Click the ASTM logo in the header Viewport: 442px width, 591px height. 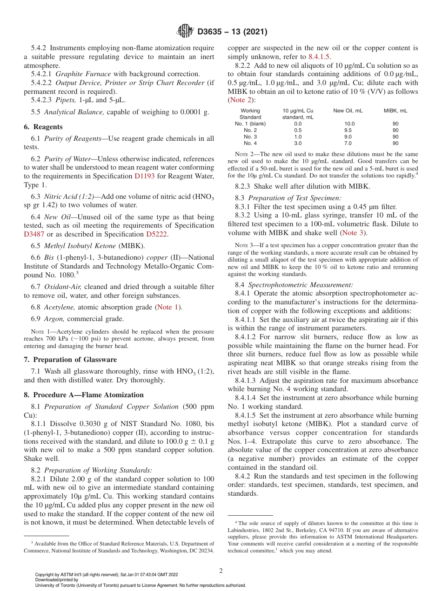(186, 32)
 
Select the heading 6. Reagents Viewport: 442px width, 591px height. (43, 127)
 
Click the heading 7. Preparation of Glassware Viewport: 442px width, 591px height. (70, 360)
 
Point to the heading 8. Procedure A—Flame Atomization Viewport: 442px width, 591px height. (84, 395)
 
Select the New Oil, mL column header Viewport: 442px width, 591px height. (348, 111)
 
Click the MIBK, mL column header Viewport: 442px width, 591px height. (395, 111)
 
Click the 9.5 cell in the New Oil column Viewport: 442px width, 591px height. (348, 130)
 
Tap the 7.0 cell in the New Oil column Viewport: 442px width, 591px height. (348, 143)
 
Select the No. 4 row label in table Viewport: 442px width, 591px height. (250, 143)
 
